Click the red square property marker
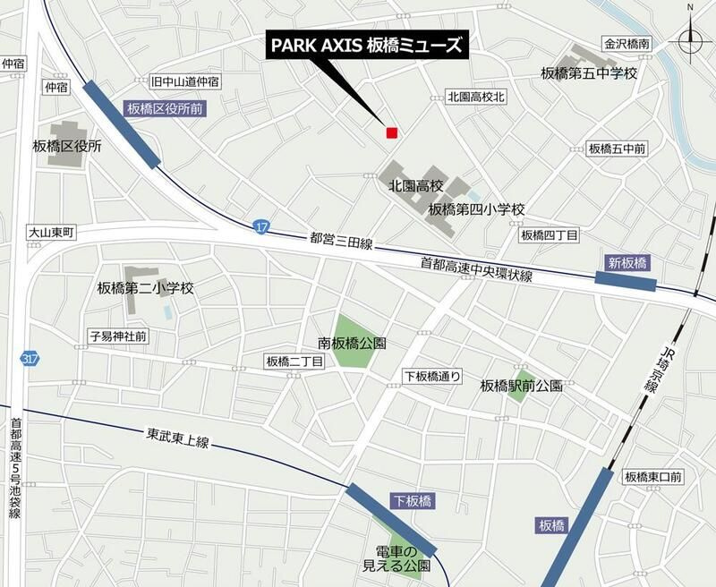(x=391, y=133)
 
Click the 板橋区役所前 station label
(x=165, y=108)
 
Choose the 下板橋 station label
(x=412, y=502)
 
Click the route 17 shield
(x=260, y=226)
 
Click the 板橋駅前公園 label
(x=521, y=386)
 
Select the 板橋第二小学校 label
(x=145, y=288)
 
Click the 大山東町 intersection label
(x=51, y=232)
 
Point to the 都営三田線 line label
(x=341, y=242)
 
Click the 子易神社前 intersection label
(x=118, y=336)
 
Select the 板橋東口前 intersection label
(x=653, y=477)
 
